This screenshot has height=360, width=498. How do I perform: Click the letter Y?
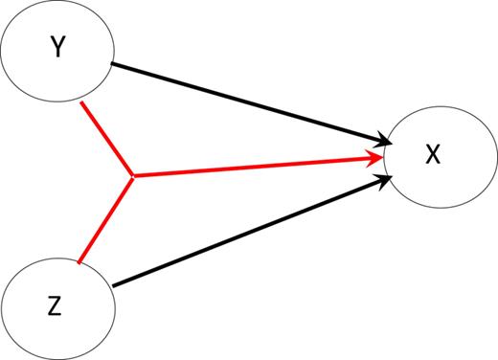(58, 49)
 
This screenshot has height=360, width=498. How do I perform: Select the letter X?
(433, 155)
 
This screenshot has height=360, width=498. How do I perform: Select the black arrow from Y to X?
(249, 104)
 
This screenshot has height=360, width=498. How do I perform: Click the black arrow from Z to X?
(249, 234)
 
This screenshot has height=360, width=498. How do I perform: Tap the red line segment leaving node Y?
(108, 139)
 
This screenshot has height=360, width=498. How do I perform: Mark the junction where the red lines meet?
(132, 176)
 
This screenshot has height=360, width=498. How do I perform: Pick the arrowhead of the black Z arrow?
(380, 181)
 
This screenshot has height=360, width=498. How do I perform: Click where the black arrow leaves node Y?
(113, 64)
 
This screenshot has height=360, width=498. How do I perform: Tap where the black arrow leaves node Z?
(113, 285)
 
